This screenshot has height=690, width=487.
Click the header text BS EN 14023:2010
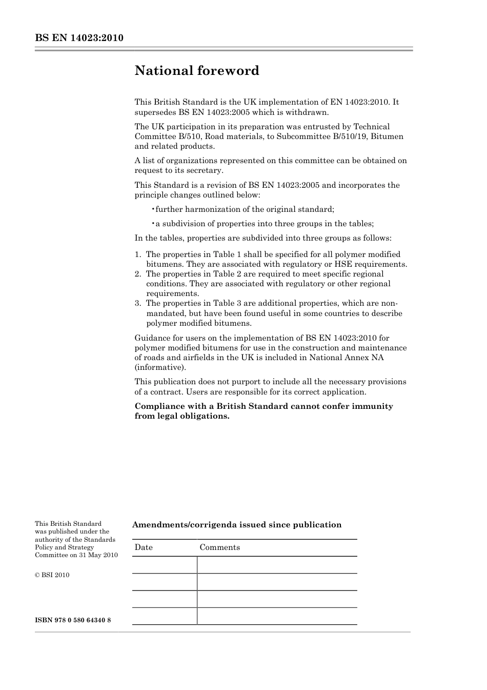click(79, 38)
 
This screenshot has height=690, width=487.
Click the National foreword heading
click(197, 71)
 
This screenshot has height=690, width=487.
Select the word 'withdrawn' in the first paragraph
click(310, 112)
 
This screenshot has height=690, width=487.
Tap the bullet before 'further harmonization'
click(153, 209)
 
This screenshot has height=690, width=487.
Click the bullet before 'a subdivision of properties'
click(153, 224)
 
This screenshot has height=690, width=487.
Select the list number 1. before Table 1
click(138, 254)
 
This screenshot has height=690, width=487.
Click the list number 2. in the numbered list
click(138, 274)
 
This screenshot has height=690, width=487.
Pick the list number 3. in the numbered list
click(138, 303)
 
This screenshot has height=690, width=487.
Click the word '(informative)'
click(160, 367)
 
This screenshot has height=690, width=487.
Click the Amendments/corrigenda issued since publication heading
click(237, 525)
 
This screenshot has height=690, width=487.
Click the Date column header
click(144, 547)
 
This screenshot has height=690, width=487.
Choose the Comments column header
click(219, 547)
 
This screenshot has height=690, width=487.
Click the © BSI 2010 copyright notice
click(52, 575)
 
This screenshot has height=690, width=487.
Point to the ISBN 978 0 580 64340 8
click(73, 620)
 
